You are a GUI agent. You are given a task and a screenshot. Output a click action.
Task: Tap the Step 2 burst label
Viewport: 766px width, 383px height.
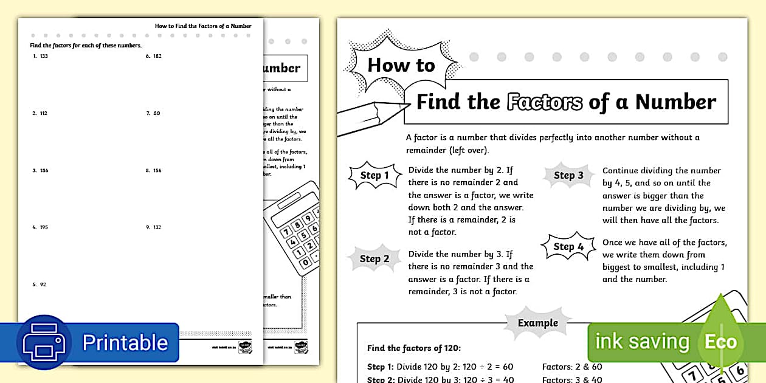click(x=374, y=259)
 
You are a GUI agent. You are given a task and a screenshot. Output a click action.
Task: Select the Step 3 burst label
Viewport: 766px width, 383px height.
click(x=568, y=176)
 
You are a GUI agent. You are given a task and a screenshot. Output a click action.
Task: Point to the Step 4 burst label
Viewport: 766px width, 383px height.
click(x=568, y=246)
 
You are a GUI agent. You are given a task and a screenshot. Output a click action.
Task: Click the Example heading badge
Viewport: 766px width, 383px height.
click(x=537, y=323)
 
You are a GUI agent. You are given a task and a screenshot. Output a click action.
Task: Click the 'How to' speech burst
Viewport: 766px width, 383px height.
click(x=401, y=65)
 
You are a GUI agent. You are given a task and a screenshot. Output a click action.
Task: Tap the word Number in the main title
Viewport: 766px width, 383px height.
click(x=675, y=102)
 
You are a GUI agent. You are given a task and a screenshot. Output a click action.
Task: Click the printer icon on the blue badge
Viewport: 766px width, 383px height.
click(x=44, y=342)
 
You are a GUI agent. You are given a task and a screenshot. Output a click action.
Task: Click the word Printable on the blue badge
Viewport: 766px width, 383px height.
click(x=125, y=342)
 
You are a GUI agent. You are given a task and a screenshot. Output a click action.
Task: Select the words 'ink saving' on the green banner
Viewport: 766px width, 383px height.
click(x=641, y=342)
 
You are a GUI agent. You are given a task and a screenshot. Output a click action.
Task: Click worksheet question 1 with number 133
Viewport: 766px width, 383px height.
click(x=41, y=57)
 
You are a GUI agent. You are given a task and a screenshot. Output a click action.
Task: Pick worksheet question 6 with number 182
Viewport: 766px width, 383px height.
click(x=154, y=57)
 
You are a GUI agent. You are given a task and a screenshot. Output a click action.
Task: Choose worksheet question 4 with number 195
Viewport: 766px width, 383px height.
click(x=41, y=227)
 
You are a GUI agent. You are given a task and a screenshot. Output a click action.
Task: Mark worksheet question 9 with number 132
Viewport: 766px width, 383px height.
click(x=154, y=227)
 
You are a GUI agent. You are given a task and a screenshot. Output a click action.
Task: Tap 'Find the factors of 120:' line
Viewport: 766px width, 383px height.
click(x=414, y=348)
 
